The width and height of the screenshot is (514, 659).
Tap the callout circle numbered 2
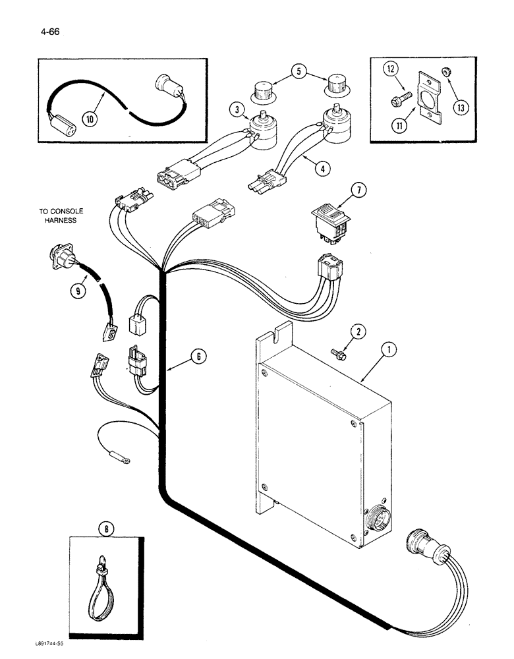358,333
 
